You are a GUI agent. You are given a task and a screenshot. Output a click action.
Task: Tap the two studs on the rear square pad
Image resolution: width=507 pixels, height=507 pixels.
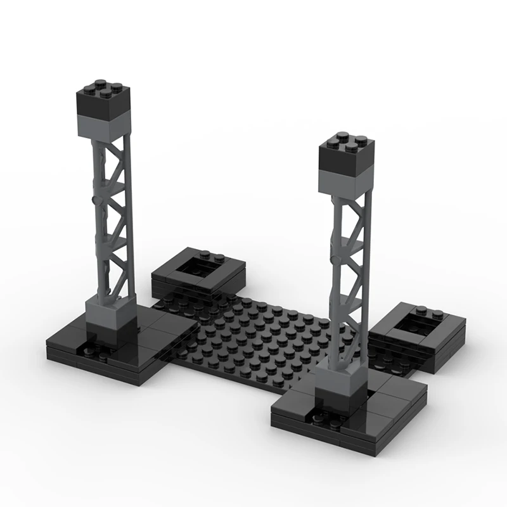[x=215, y=257]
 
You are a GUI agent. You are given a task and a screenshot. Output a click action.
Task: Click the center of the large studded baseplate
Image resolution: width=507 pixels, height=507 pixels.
[x=266, y=336]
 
